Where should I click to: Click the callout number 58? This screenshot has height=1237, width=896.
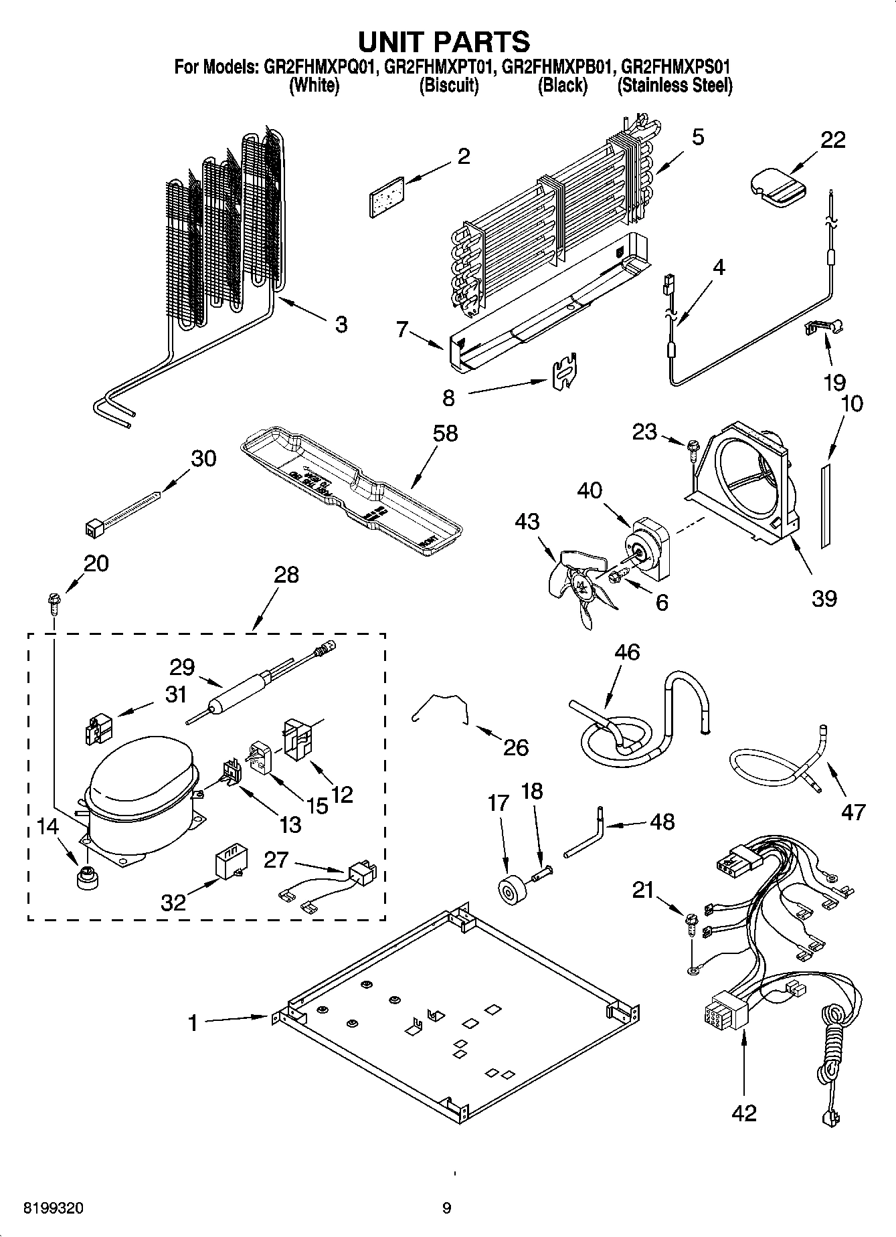(x=445, y=433)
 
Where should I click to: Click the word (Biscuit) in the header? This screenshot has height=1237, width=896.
(x=449, y=86)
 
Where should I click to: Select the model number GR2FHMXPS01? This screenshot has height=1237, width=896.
(x=675, y=67)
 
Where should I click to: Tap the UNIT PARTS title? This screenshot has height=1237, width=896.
(x=444, y=41)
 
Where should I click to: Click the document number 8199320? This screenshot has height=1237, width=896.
(x=54, y=1208)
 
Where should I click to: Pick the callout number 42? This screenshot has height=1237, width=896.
(x=744, y=1113)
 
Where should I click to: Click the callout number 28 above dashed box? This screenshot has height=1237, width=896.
(x=286, y=575)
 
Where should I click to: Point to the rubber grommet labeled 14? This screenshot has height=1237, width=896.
(x=86, y=878)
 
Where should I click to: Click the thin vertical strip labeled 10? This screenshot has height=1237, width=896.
(x=825, y=506)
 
